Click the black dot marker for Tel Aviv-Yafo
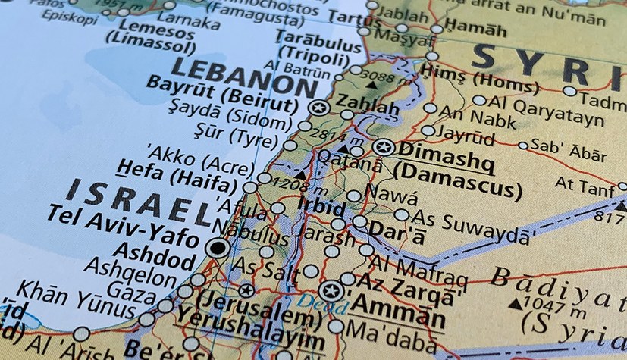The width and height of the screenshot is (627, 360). point(218,247)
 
